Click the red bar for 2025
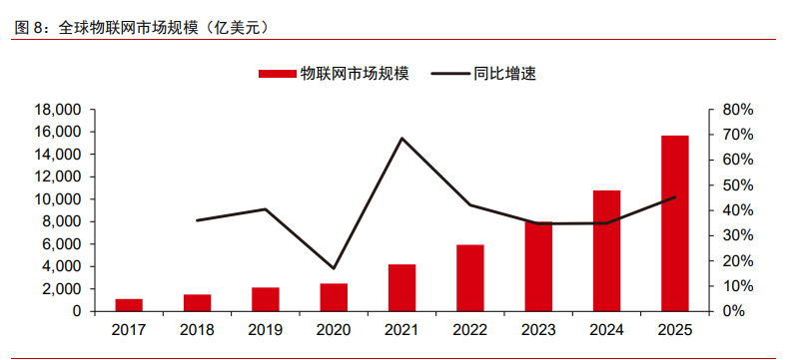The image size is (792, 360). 674,223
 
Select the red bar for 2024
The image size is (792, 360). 606,250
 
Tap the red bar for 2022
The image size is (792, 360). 470,277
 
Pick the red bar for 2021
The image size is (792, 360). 401,287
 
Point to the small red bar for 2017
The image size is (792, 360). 129,304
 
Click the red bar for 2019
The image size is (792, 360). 266,299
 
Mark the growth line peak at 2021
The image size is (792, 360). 401,138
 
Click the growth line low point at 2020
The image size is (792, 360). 334,268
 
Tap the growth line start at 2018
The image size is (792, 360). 197,219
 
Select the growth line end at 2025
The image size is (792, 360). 675,197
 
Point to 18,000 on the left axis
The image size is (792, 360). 57,110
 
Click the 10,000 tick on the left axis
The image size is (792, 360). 57,199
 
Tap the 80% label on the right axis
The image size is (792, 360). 737,110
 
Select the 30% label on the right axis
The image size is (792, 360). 737,235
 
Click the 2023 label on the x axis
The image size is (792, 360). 538,330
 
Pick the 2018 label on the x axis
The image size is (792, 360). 197,330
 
